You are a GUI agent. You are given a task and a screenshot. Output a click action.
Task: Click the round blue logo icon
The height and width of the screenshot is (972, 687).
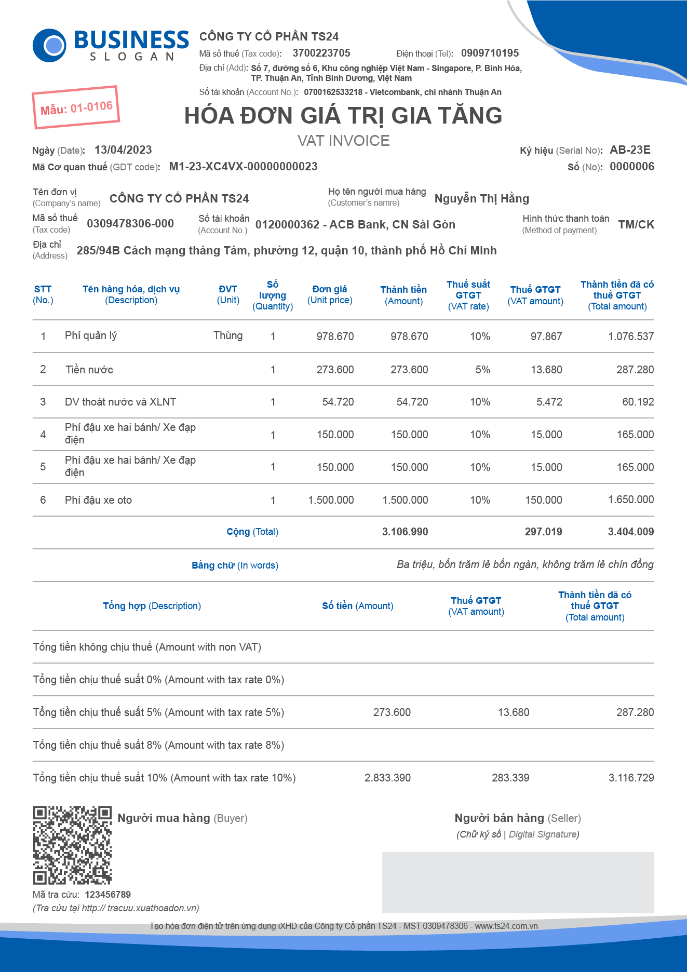point(49,45)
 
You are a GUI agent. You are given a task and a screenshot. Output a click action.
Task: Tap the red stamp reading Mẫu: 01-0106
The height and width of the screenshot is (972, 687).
point(76,107)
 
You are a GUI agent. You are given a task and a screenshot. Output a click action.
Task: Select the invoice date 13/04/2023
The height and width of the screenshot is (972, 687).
point(123,150)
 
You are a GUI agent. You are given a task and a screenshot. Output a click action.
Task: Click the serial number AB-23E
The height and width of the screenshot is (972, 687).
point(630,150)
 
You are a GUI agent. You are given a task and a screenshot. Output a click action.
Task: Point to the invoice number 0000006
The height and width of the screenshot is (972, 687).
point(631,167)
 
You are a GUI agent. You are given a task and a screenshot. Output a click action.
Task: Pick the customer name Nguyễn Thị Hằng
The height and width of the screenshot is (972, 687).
point(481,198)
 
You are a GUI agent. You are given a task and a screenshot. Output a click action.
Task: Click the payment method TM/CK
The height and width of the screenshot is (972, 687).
point(636,224)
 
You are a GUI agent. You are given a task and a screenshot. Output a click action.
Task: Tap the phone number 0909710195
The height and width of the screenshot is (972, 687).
point(490,53)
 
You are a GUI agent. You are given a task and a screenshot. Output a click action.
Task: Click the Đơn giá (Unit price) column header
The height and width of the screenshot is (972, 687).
point(330,294)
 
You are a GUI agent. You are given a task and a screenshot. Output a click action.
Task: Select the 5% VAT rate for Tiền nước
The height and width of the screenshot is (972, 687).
point(482,370)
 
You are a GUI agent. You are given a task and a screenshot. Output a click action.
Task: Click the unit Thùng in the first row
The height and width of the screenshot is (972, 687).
point(228,335)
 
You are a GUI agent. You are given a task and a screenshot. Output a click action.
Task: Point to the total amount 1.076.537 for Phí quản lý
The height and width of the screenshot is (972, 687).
point(630,336)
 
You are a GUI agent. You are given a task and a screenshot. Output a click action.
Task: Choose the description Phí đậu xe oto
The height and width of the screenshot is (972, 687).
point(98,500)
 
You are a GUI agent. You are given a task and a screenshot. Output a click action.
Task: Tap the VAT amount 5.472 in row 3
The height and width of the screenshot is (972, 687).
point(549,402)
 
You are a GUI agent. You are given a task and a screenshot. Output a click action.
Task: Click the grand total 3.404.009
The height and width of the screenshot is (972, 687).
point(630,532)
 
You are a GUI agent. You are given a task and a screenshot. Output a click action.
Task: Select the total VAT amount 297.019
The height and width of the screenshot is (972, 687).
point(543,532)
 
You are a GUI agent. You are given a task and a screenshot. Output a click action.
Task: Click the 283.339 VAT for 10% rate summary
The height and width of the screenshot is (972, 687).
point(510,778)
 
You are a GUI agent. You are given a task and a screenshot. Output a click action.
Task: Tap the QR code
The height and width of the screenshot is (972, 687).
point(72,845)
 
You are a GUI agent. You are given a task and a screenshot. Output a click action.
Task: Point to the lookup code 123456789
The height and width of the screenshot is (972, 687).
point(107,894)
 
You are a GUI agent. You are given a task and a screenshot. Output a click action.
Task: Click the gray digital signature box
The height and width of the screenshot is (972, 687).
point(518,882)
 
